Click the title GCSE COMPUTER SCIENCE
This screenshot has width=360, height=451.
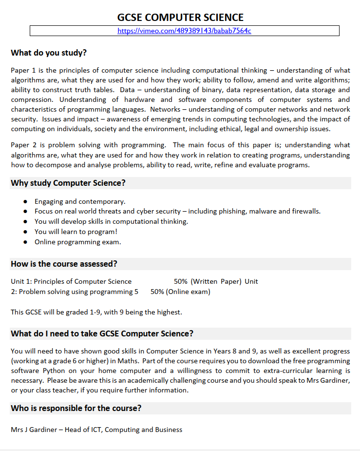pyautogui.click(x=180, y=18)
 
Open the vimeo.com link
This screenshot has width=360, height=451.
pyautogui.click(x=184, y=31)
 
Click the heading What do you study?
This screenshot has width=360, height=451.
pyautogui.click(x=49, y=53)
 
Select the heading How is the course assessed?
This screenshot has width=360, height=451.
pyautogui.click(x=64, y=264)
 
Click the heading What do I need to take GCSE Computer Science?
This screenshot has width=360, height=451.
pyautogui.click(x=102, y=333)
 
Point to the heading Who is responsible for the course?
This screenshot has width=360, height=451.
pyautogui.click(x=76, y=408)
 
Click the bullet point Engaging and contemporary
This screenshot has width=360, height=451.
pyautogui.click(x=80, y=201)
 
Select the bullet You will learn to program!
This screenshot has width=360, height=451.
pyautogui.click(x=76, y=232)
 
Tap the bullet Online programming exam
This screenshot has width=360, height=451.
pyautogui.click(x=77, y=242)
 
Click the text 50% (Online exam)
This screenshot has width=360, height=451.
pyautogui.click(x=180, y=292)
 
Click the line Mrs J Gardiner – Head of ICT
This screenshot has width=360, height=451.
pyautogui.click(x=96, y=430)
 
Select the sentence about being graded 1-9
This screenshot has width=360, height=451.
pyautogui.click(x=96, y=312)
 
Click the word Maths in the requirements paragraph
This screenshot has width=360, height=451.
pyautogui.click(x=194, y=361)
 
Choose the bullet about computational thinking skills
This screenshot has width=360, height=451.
pyautogui.click(x=111, y=221)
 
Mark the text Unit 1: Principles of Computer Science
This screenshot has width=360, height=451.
pyautogui.click(x=71, y=281)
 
